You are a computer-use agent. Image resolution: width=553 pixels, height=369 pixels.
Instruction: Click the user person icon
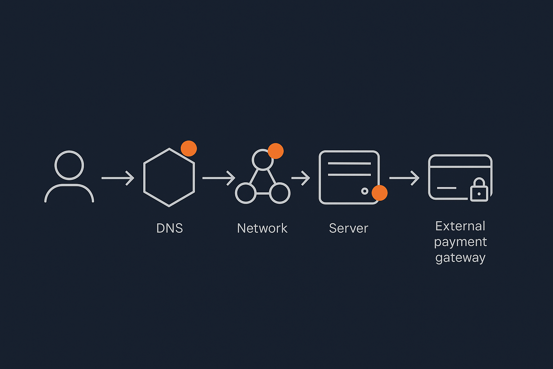pyautogui.click(x=69, y=177)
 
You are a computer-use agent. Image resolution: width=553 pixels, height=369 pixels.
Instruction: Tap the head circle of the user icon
pyautogui.click(x=69, y=165)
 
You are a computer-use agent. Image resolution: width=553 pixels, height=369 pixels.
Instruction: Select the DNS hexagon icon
pyautogui.click(x=169, y=177)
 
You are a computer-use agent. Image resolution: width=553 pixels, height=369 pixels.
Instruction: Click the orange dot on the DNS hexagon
pyautogui.click(x=189, y=148)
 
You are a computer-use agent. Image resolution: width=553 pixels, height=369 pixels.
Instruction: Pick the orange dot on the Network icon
pyautogui.click(x=276, y=151)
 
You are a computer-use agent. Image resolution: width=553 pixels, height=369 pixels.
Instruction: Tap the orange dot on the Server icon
pyautogui.click(x=379, y=193)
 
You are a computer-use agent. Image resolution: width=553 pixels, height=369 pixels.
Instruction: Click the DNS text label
pyautogui.click(x=170, y=228)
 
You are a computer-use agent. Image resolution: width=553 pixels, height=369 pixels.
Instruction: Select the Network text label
pyautogui.click(x=262, y=228)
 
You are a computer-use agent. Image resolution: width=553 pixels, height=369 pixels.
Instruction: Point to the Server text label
pyautogui.click(x=349, y=228)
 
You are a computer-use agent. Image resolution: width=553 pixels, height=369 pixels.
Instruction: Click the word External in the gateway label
pyautogui.click(x=460, y=226)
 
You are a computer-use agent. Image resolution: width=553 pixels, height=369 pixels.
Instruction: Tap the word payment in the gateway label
pyautogui.click(x=460, y=242)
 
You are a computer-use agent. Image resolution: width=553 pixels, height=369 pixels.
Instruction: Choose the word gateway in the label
pyautogui.click(x=460, y=258)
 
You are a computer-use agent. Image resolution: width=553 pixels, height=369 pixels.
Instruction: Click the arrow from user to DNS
pyautogui.click(x=118, y=178)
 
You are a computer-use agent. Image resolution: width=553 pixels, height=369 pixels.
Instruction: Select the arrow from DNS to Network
pyautogui.click(x=219, y=178)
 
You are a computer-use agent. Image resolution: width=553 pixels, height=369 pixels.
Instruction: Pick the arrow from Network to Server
pyautogui.click(x=301, y=178)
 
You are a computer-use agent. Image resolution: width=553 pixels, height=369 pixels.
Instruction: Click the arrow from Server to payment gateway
pyautogui.click(x=404, y=178)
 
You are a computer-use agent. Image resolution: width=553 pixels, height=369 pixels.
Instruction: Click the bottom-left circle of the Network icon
pyautogui.click(x=246, y=193)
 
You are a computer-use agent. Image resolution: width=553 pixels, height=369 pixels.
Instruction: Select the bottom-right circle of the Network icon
pyautogui.click(x=280, y=193)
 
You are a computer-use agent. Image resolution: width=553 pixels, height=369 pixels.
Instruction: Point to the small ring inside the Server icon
pyautogui.click(x=365, y=191)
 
